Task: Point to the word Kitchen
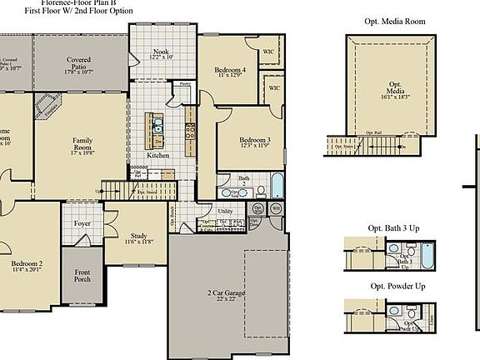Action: click(x=158, y=156)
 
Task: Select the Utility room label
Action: click(x=225, y=212)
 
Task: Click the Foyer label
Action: click(x=82, y=223)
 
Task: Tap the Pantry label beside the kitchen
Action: click(x=185, y=84)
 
